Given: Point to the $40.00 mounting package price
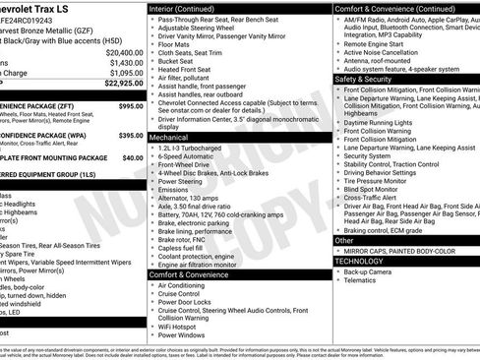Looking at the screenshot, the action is coord(132,157).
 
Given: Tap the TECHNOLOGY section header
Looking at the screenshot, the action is coord(361,261).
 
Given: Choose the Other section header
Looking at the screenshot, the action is coord(344,240).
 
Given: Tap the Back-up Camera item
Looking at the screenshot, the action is coord(377,270).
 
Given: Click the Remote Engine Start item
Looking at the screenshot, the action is coord(380,45).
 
